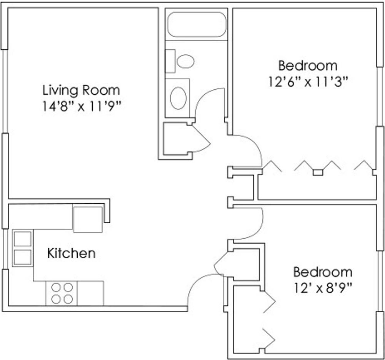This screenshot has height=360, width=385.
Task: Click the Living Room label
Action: [x=81, y=90]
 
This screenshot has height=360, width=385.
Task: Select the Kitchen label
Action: [x=71, y=253]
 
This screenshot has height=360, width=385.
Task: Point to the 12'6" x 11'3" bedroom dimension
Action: [x=308, y=82]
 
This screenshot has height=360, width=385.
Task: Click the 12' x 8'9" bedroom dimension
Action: [x=323, y=287]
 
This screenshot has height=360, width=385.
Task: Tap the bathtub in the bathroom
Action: [x=197, y=24]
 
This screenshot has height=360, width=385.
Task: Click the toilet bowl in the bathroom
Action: [x=185, y=61]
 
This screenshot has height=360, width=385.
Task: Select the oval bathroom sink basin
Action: [x=178, y=98]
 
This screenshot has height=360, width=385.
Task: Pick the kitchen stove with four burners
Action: [x=62, y=293]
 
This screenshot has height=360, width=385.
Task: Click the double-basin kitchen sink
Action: [x=23, y=248]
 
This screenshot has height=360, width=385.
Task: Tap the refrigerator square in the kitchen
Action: [x=88, y=219]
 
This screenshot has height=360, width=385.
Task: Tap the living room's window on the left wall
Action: [x=5, y=91]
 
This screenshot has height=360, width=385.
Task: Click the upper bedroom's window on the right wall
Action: [x=379, y=96]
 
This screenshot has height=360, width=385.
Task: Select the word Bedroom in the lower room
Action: [x=323, y=272]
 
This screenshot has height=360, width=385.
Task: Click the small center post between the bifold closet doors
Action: [x=317, y=172]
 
